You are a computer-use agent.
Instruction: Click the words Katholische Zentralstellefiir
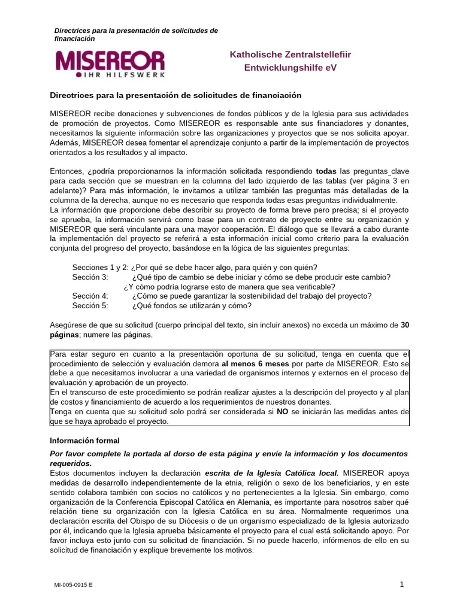[290, 54]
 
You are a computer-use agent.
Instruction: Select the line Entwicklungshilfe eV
[290, 68]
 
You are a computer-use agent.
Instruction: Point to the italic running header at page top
[136, 34]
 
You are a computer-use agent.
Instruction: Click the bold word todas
[326, 171]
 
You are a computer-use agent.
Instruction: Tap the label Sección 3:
[90, 277]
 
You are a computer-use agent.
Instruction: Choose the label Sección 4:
[90, 296]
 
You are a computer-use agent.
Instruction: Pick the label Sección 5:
[90, 305]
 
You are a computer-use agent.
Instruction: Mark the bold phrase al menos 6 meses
[255, 363]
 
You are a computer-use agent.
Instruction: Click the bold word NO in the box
[282, 411]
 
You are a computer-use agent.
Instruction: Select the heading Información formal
[84, 441]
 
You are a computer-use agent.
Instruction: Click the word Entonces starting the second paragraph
[69, 171]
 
